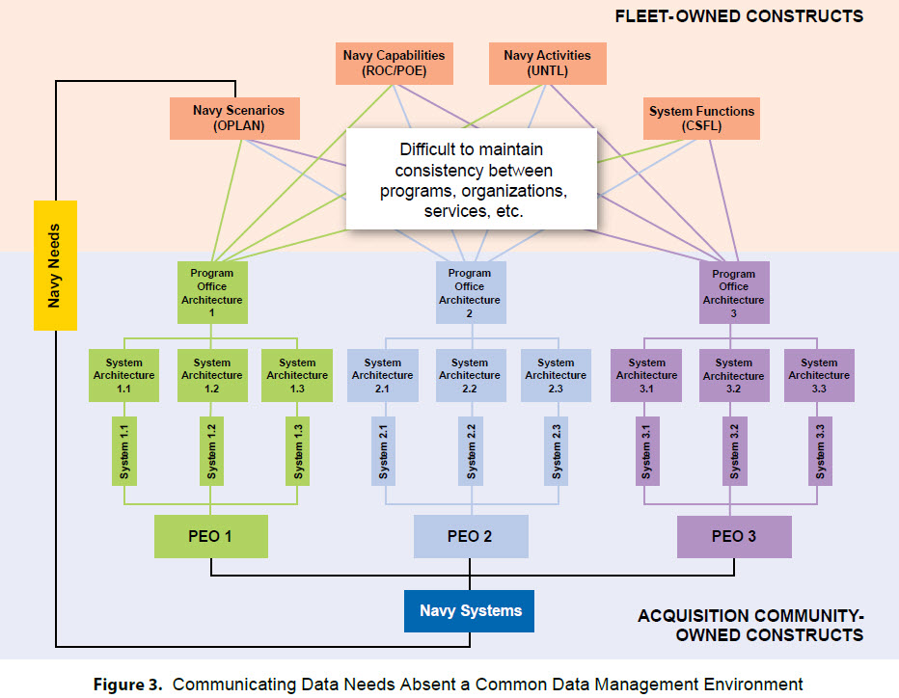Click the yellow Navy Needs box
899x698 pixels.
55,265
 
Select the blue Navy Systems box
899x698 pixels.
469,611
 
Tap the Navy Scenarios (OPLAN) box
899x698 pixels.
234,118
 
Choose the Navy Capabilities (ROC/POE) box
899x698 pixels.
395,63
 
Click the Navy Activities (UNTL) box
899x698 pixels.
548,63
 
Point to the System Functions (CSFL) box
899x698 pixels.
701,119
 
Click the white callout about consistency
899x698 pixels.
472,179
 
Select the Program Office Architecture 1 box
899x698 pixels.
212,293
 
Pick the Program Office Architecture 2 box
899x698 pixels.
471,293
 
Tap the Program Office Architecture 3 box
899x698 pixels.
734,293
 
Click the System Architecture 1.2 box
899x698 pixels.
212,375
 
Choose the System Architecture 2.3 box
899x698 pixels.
556,375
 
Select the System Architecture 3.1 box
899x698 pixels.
646,375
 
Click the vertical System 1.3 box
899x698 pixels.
297,451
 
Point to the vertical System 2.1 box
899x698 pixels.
384,451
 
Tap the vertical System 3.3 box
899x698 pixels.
820,451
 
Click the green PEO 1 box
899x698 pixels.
211,536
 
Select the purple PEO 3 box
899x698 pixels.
734,537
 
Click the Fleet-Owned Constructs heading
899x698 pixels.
739,16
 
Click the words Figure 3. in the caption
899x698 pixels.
128,685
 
